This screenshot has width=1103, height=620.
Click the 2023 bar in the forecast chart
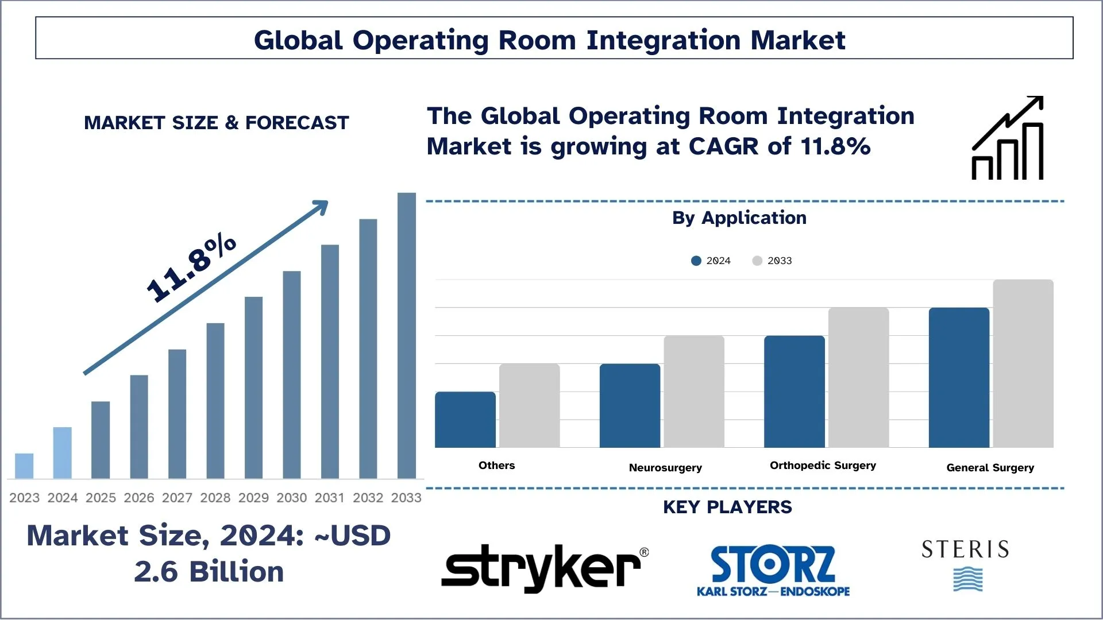pyautogui.click(x=24, y=466)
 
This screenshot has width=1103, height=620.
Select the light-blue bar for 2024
pyautogui.click(x=62, y=452)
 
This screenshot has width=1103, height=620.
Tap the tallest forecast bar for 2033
pyautogui.click(x=406, y=335)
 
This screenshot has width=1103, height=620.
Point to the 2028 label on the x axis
pyautogui.click(x=215, y=498)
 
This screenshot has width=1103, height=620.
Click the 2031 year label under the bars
pyautogui.click(x=329, y=498)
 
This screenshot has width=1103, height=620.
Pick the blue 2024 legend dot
pyautogui.click(x=696, y=261)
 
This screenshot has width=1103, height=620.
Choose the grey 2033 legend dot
pyautogui.click(x=757, y=261)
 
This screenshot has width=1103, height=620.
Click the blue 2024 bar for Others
pyautogui.click(x=465, y=420)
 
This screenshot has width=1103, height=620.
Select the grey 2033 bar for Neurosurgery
pyautogui.click(x=693, y=392)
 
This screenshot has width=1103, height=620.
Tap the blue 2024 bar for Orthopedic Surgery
pyautogui.click(x=794, y=392)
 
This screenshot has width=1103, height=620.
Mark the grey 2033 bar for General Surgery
pyautogui.click(x=1023, y=363)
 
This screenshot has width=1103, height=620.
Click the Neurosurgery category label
pyautogui.click(x=665, y=467)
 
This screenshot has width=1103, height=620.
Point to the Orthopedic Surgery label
pyautogui.click(x=823, y=465)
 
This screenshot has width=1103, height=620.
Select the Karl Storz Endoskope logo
pyautogui.click(x=773, y=571)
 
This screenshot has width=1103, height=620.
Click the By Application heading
pyautogui.click(x=739, y=218)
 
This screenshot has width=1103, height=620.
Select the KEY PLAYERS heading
pyautogui.click(x=727, y=507)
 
